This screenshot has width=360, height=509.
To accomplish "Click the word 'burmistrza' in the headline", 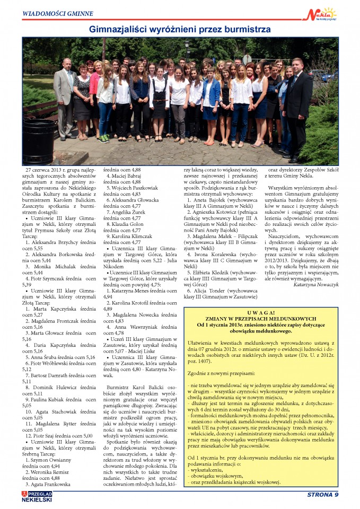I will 242,29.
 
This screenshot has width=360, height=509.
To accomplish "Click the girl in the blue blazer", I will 210,101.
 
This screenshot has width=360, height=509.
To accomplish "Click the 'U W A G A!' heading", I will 260,312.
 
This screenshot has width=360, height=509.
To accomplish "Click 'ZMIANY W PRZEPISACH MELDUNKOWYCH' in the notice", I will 260,318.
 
